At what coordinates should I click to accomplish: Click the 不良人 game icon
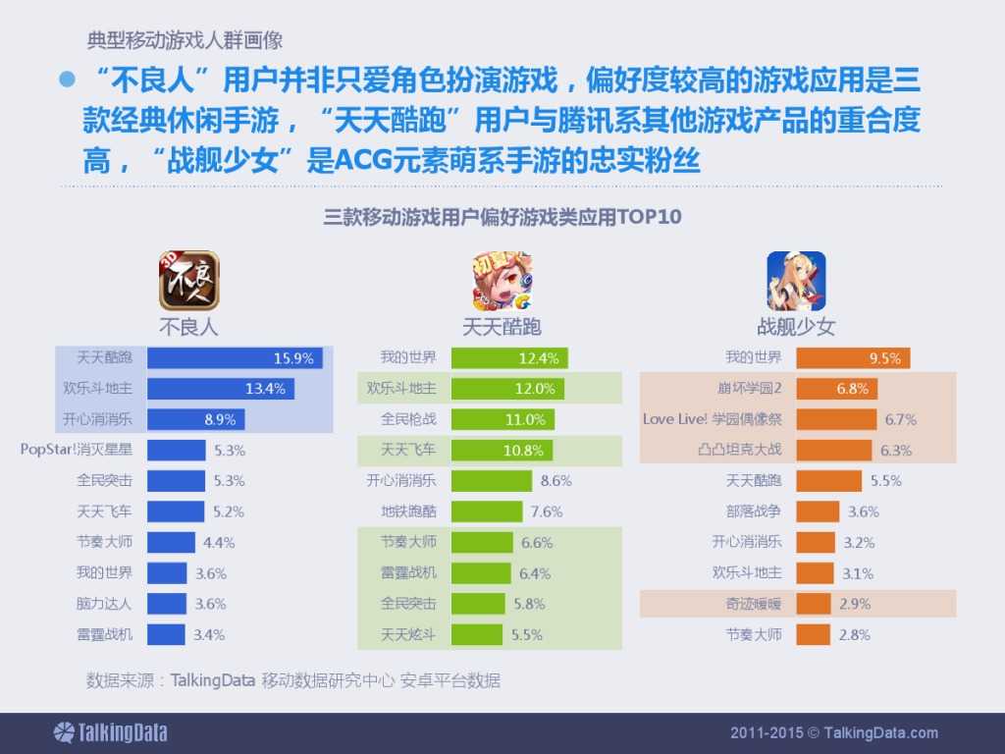point(189,281)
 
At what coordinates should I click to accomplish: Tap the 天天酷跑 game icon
point(502,281)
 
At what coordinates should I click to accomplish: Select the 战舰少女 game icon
point(796,281)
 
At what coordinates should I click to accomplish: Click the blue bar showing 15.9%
point(235,358)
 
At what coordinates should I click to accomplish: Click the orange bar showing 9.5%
point(853,358)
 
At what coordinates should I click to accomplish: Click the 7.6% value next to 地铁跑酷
point(547,512)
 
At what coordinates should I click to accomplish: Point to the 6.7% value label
point(900,419)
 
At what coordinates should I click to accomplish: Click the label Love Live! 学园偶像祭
point(713,419)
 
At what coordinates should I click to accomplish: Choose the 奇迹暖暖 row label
point(754,604)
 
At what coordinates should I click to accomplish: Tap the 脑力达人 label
point(104,604)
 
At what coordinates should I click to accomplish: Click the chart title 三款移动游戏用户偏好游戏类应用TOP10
point(502,217)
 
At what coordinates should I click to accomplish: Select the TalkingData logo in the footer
point(110,732)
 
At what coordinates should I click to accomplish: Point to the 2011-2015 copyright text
point(834,732)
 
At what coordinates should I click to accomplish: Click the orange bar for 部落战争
point(818,512)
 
